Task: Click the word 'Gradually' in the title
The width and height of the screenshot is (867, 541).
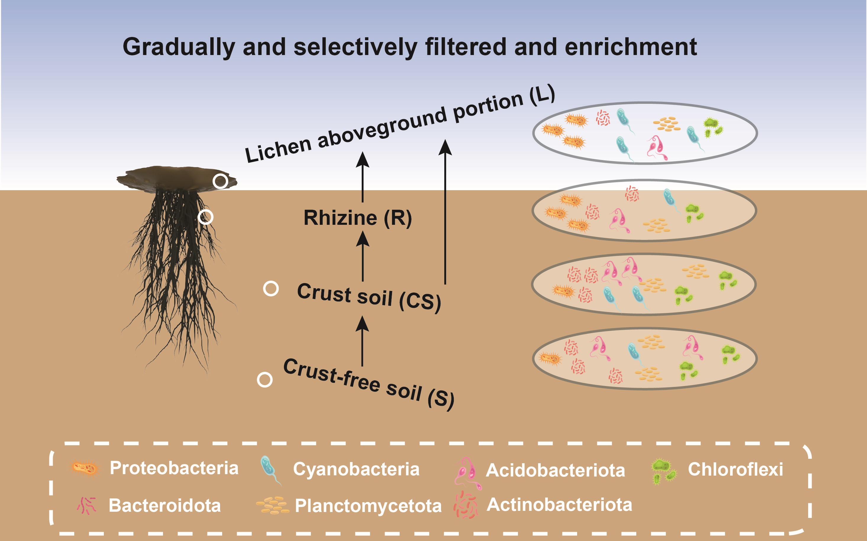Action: coord(179,48)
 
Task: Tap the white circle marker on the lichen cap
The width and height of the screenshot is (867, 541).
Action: coord(220,181)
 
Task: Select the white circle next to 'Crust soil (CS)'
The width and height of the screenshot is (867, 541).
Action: coord(271,288)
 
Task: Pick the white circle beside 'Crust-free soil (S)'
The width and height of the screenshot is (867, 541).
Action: coord(265,379)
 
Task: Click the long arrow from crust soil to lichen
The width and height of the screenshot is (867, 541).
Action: coord(445,212)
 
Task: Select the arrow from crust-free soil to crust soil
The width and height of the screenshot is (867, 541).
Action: coord(362,341)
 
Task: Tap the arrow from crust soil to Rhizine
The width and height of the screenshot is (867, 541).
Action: coord(363,256)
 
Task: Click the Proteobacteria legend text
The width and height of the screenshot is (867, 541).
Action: coord(174,468)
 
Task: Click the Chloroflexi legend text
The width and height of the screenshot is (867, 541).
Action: coord(735,469)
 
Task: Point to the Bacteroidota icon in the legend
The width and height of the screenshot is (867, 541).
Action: coord(87,506)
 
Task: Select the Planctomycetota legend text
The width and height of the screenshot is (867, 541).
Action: coord(368,506)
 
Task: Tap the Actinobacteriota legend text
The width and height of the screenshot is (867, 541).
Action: coord(559,505)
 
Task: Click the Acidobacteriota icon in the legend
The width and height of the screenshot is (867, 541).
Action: coord(468,473)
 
